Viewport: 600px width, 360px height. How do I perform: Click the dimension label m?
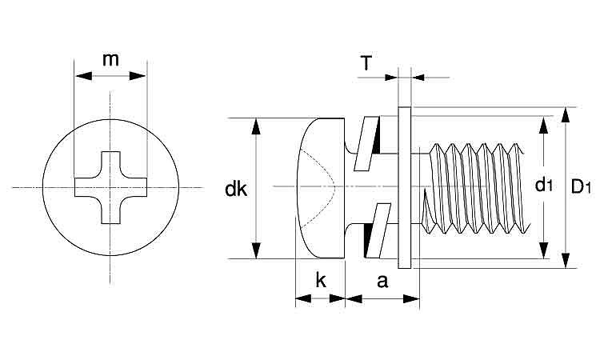click(110, 59)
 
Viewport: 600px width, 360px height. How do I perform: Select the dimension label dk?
click(235, 190)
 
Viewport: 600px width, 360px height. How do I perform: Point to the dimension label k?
click(320, 281)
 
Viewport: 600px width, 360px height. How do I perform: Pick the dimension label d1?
click(544, 186)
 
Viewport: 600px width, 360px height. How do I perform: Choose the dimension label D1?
click(580, 187)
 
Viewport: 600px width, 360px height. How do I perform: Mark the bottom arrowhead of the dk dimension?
click(256, 253)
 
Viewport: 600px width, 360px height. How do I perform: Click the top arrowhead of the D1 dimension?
click(566, 113)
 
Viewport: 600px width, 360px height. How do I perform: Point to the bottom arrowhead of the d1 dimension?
click(544, 253)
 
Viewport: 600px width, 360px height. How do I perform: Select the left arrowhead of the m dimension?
click(80, 77)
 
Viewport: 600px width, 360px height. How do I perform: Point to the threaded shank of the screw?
click(476, 188)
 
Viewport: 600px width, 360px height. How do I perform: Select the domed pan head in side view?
click(320, 187)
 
